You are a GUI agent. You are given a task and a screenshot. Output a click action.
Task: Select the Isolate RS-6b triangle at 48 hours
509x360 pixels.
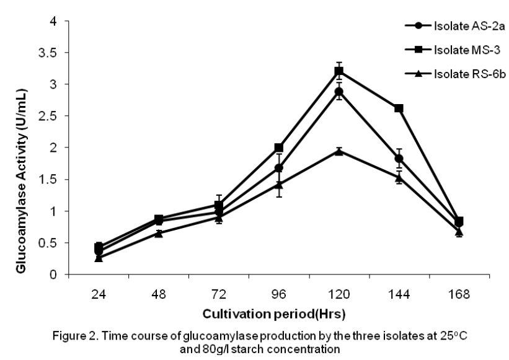coord(159,233)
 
